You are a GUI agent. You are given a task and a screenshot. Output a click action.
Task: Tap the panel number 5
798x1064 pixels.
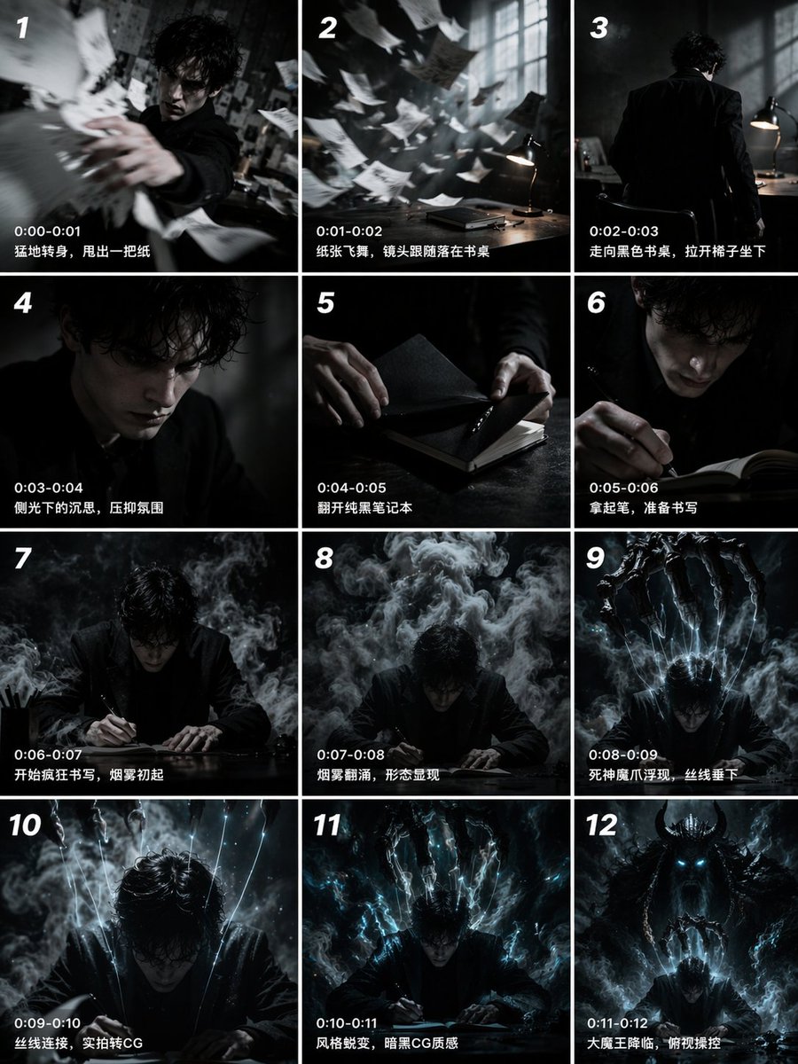pos(325,303)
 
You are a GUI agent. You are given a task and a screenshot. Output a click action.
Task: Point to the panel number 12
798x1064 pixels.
pos(601,826)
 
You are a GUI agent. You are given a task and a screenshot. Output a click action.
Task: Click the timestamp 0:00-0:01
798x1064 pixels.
pos(48,231)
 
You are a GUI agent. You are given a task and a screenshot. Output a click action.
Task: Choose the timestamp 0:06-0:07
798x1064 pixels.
pos(49,755)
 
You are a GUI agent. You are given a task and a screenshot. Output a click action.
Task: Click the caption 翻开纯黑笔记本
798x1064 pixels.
pos(364,508)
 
